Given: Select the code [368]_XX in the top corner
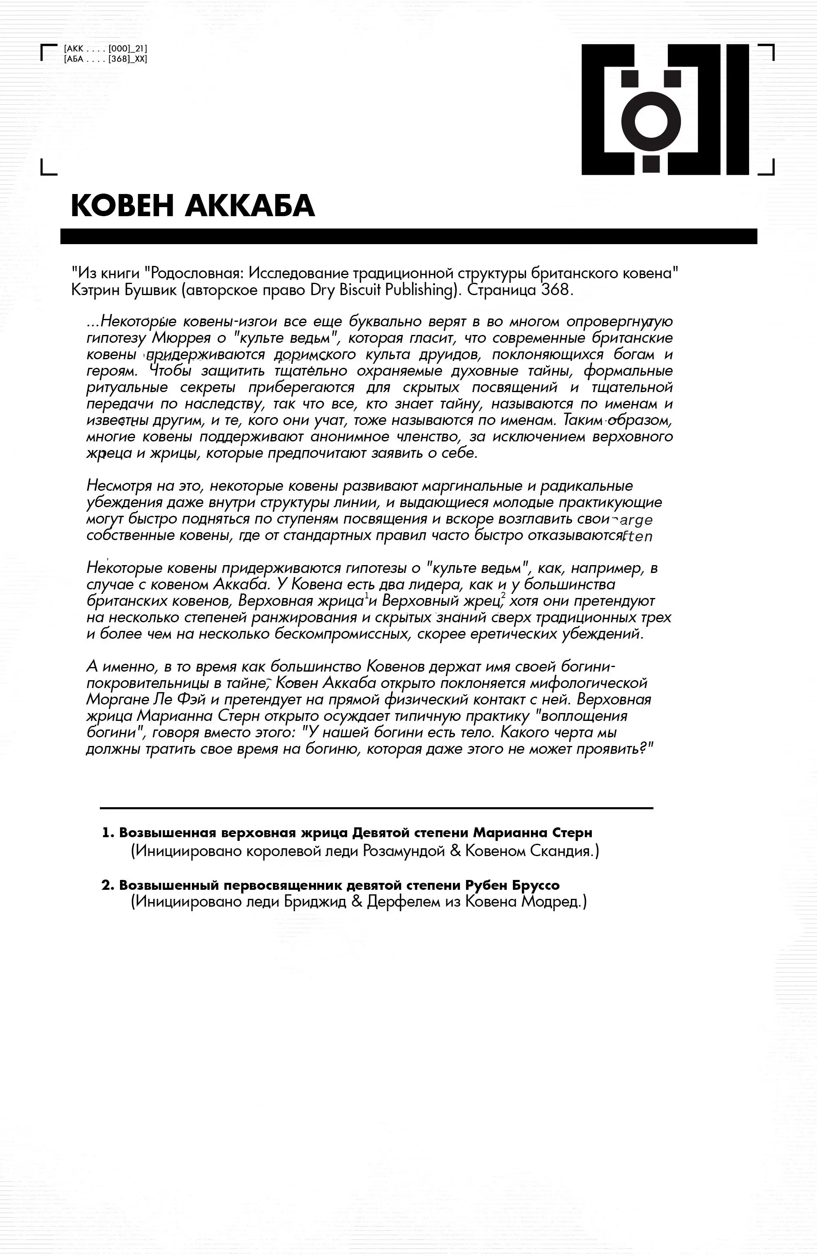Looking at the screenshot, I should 128,59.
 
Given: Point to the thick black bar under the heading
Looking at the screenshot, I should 408,236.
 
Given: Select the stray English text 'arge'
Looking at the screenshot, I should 636,520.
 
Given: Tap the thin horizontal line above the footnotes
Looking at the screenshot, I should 376,808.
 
